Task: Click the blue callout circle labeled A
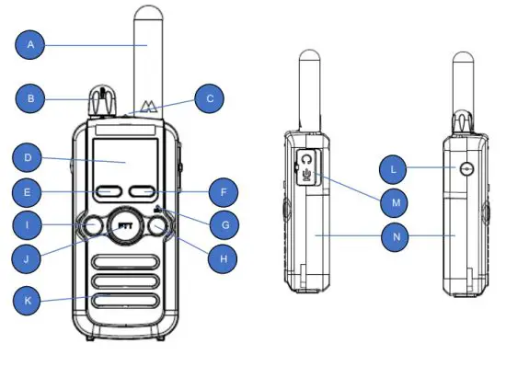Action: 32,43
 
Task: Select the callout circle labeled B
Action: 32,97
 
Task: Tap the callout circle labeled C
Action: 210,98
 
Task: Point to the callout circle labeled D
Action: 30,158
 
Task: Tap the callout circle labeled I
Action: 30,224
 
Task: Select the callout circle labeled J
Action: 30,258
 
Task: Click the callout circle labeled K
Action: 30,300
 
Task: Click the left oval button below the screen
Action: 108,193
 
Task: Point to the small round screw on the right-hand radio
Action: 467,169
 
